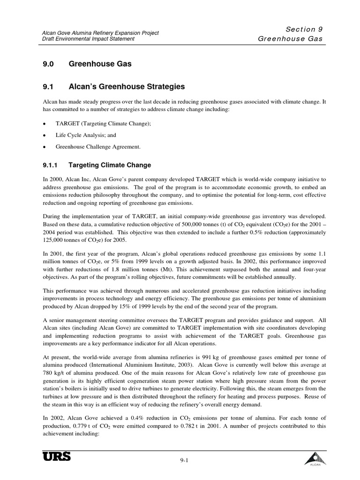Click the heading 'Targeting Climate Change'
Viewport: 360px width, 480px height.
click(x=110, y=165)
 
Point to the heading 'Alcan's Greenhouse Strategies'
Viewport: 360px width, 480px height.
click(x=127, y=87)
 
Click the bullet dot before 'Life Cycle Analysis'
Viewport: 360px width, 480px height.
click(x=44, y=135)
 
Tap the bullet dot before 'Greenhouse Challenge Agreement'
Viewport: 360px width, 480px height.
click(x=44, y=147)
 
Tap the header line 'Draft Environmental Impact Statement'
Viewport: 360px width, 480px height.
click(x=87, y=39)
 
